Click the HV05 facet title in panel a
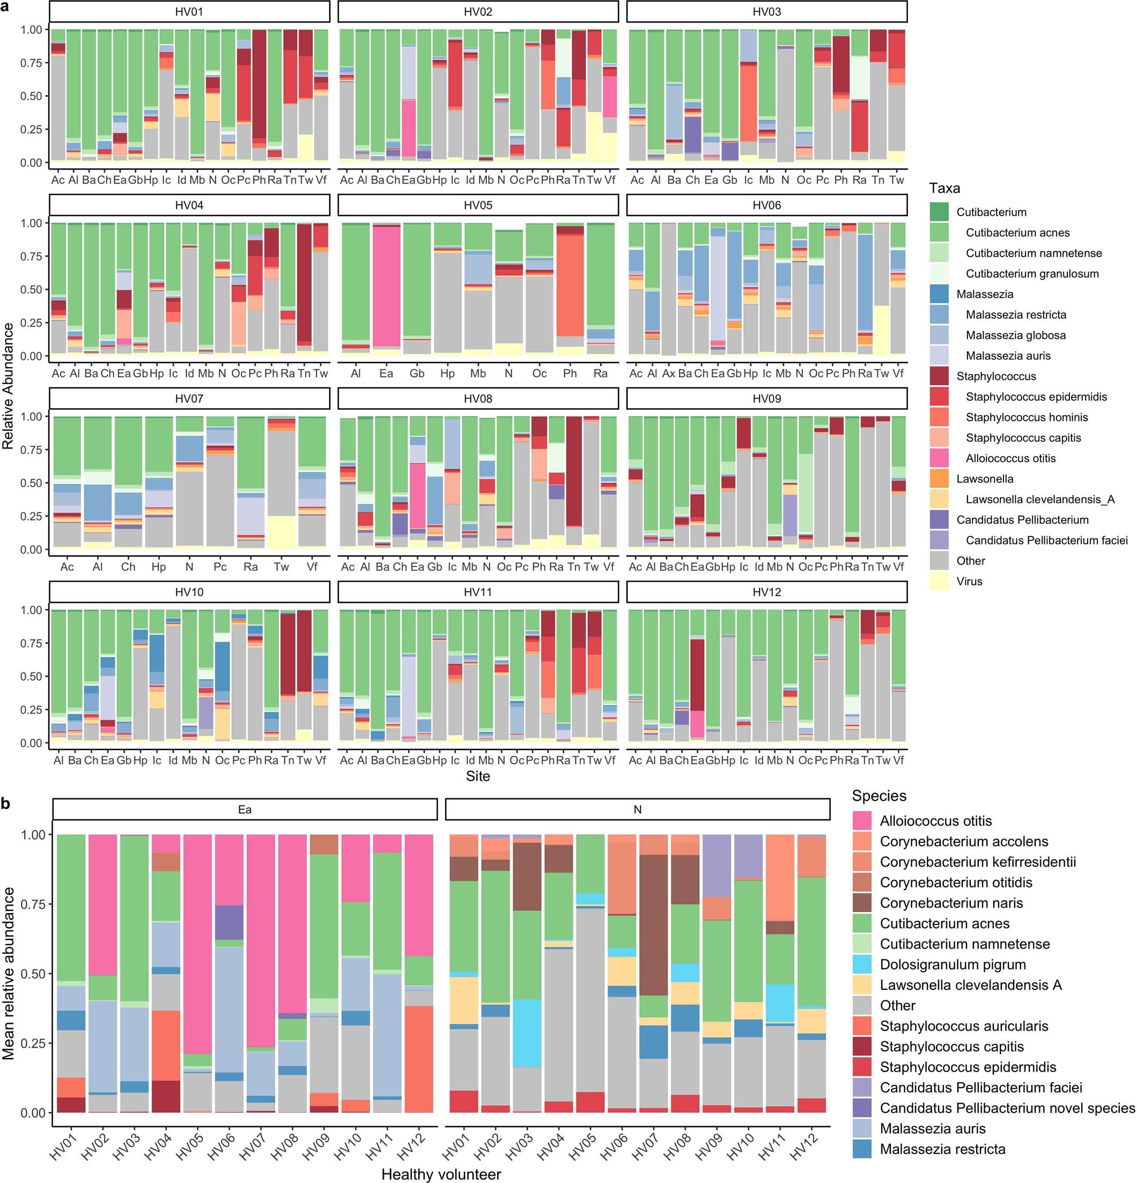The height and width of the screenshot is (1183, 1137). pos(477,205)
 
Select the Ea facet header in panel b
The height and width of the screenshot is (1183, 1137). pos(245,810)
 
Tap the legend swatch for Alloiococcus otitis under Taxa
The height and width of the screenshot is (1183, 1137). pos(939,458)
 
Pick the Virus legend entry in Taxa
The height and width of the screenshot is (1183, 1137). pos(969,581)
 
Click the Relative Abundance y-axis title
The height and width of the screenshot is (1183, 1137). pos(9,386)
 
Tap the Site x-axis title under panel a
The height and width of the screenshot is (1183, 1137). pos(477,776)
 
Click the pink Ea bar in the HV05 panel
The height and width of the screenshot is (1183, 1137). pos(386,286)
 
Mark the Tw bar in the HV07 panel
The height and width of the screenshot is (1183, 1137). pos(281,483)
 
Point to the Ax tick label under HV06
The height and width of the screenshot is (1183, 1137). pos(668,373)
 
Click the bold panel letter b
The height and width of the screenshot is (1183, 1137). pos(6,803)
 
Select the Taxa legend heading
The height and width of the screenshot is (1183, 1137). pos(944,188)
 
